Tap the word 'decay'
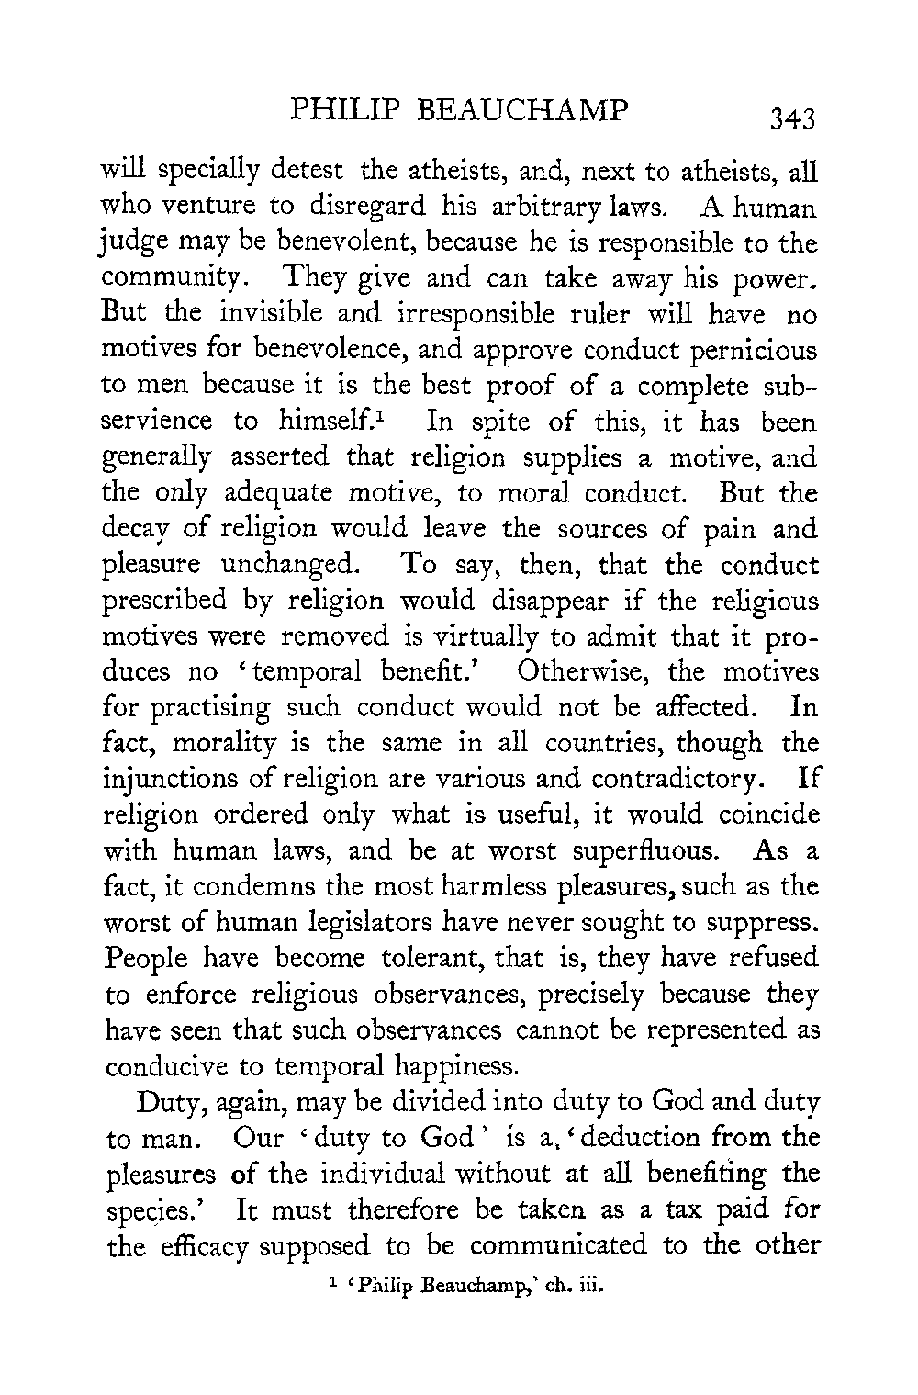pyautogui.click(x=141, y=530)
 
